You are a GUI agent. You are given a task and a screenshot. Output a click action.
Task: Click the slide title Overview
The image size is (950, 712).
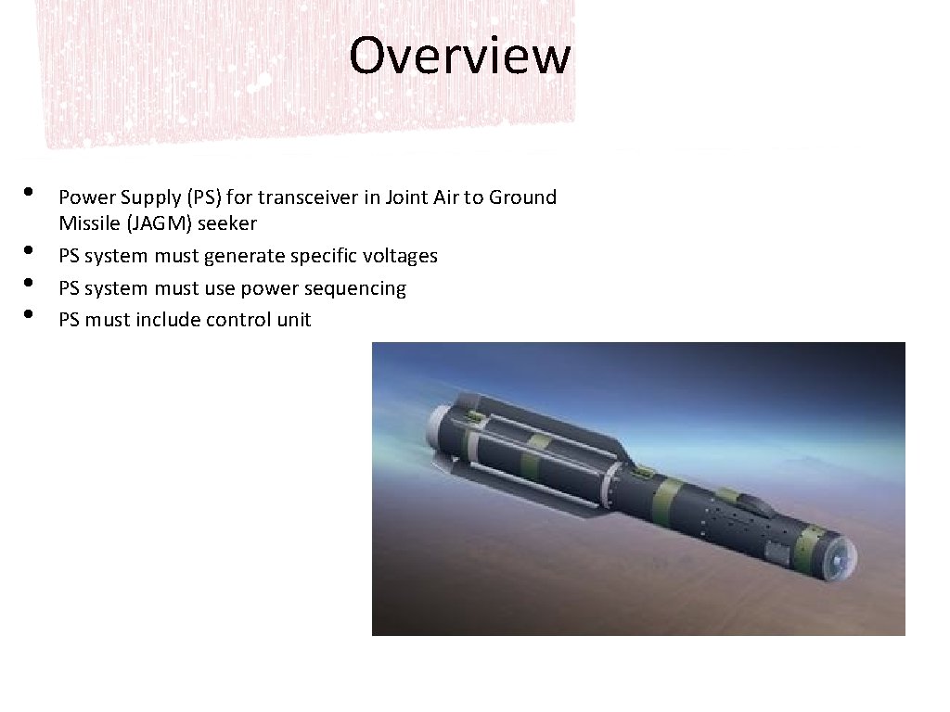coord(459,56)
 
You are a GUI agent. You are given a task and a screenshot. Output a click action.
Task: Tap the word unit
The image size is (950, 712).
coord(293,320)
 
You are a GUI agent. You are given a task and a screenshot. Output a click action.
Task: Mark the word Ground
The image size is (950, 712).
coord(522,197)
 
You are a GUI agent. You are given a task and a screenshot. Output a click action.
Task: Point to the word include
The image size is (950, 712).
coord(169,320)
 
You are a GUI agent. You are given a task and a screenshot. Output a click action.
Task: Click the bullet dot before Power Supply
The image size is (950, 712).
coord(30,192)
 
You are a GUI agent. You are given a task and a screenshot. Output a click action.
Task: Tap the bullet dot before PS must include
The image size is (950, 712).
coord(30,314)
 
